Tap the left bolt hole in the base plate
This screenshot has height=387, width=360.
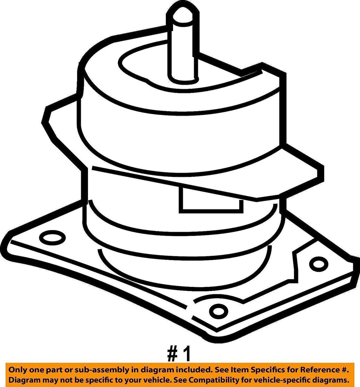click(x=52, y=237)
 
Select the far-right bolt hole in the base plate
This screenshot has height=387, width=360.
click(x=318, y=263)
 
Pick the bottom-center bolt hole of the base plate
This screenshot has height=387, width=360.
click(x=218, y=311)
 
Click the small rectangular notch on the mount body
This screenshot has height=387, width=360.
click(x=210, y=199)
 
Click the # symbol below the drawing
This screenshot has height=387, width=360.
click(x=172, y=355)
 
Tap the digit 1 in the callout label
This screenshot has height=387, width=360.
click(x=187, y=355)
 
